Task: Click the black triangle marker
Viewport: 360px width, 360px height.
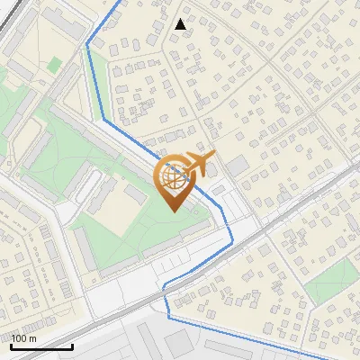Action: pyautogui.click(x=181, y=24)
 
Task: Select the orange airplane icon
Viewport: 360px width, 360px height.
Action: pyautogui.click(x=199, y=164)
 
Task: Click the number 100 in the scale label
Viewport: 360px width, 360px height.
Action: pyautogui.click(x=19, y=338)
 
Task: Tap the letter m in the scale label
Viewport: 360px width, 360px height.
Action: pyautogui.click(x=31, y=339)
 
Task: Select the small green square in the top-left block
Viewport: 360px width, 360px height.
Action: pyautogui.click(x=55, y=65)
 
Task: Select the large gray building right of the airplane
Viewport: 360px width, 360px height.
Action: pyautogui.click(x=237, y=166)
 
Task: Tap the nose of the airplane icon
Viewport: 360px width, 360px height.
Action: pyautogui.click(x=214, y=157)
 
